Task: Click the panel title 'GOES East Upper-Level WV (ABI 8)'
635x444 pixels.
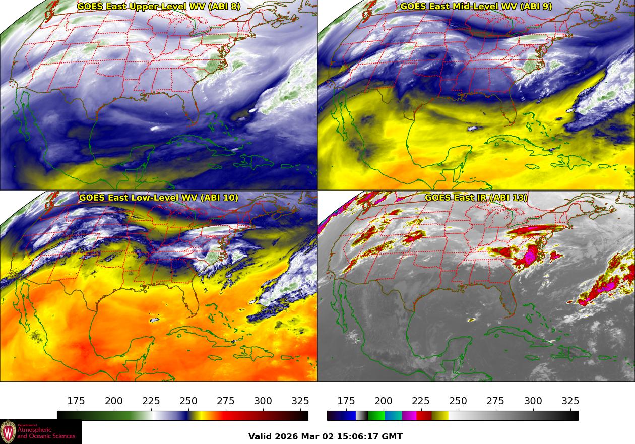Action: (x=159, y=7)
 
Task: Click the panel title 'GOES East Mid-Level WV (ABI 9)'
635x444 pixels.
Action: (x=476, y=7)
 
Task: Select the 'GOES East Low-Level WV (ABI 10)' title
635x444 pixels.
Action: (x=159, y=198)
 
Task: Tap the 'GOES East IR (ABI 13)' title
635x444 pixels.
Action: (x=476, y=198)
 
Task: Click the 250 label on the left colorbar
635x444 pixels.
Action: (x=188, y=401)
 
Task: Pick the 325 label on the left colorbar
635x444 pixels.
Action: (x=300, y=401)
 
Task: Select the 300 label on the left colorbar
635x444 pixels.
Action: (x=263, y=401)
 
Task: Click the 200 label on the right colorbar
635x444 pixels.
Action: (x=384, y=401)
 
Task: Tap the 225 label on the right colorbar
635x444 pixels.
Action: (x=421, y=401)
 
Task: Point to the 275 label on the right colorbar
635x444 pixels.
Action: (x=495, y=401)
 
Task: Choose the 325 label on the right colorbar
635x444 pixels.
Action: (x=570, y=401)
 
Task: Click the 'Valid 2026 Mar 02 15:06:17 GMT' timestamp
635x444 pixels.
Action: (x=326, y=436)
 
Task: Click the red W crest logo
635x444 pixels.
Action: (x=8, y=432)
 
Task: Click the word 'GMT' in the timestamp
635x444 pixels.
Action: (x=393, y=436)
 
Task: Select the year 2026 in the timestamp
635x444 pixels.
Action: (x=285, y=436)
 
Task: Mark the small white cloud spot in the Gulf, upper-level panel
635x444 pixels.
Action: (x=155, y=128)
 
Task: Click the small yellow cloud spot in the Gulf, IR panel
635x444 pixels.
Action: (x=472, y=319)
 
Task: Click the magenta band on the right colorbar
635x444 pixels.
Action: (x=409, y=416)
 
